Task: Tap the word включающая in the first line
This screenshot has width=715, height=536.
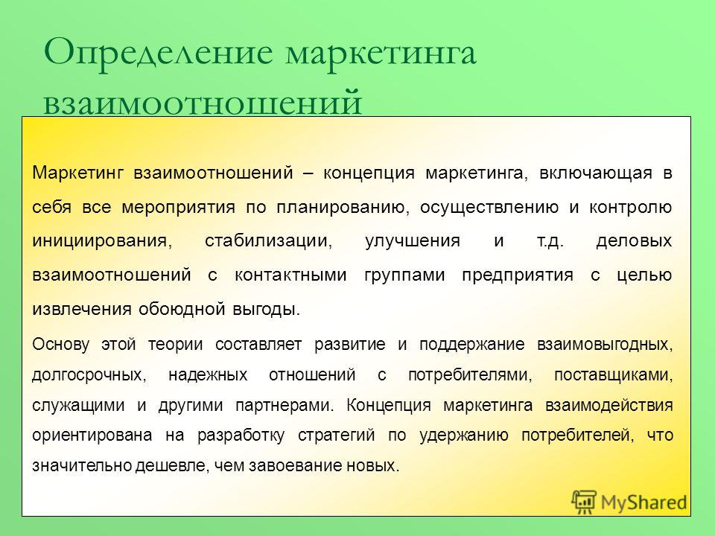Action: pyautogui.click(x=596, y=173)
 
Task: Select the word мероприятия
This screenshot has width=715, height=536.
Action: pyautogui.click(x=178, y=208)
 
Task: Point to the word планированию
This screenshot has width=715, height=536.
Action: pyautogui.click(x=341, y=208)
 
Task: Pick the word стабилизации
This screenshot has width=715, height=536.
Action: pyautogui.click(x=268, y=241)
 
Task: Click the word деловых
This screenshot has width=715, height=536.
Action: pyautogui.click(x=634, y=241)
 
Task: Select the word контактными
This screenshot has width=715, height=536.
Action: pyautogui.click(x=290, y=275)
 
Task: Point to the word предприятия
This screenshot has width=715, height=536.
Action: pyautogui.click(x=518, y=275)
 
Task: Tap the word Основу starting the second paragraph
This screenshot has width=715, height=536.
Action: pyautogui.click(x=60, y=344)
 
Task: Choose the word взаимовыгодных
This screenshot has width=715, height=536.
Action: pyautogui.click(x=605, y=345)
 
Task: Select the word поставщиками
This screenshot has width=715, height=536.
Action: pyautogui.click(x=613, y=375)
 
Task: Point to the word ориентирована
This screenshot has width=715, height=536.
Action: pyautogui.click(x=92, y=435)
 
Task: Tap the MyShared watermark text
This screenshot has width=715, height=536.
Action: pyautogui.click(x=643, y=502)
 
